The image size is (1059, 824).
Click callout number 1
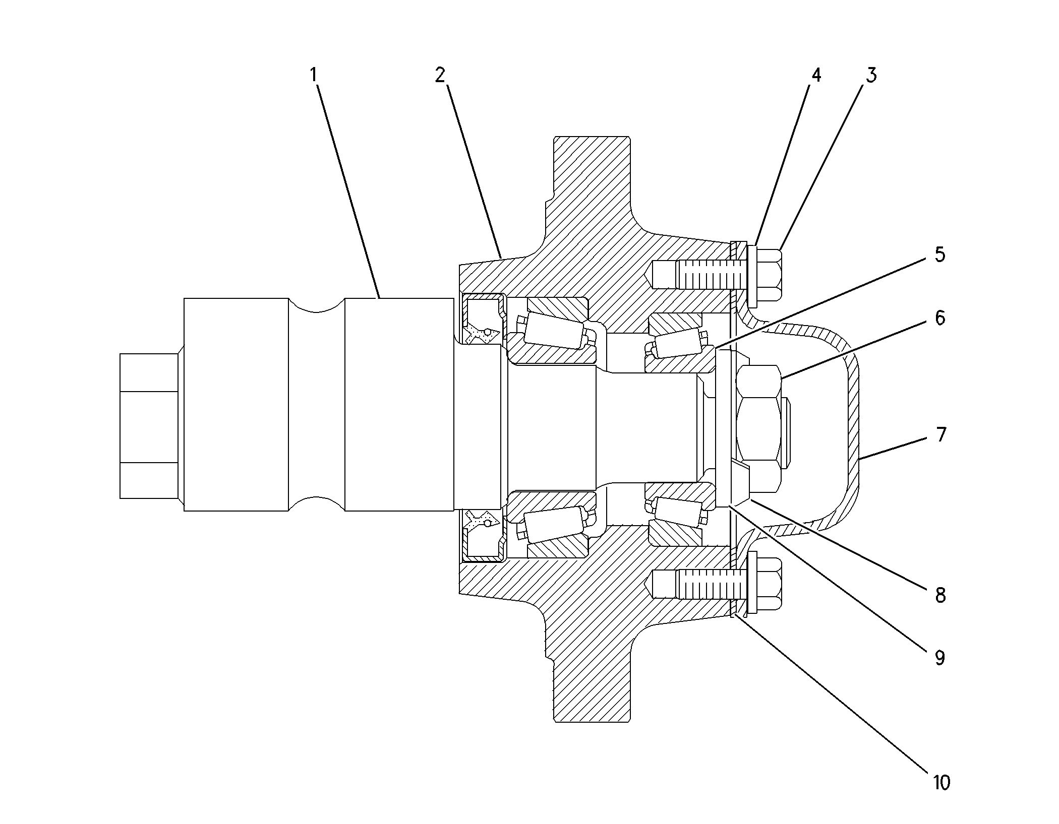[314, 76]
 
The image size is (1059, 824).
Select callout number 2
[440, 76]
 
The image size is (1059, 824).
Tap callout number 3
[871, 76]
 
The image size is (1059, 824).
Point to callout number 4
[815, 76]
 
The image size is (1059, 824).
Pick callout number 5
[939, 255]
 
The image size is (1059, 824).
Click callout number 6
[939, 318]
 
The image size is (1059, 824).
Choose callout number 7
[940, 434]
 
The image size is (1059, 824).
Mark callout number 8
[940, 596]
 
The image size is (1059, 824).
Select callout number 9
[939, 658]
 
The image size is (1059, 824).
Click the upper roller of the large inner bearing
[555, 332]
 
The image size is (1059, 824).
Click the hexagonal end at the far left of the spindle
[149, 426]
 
